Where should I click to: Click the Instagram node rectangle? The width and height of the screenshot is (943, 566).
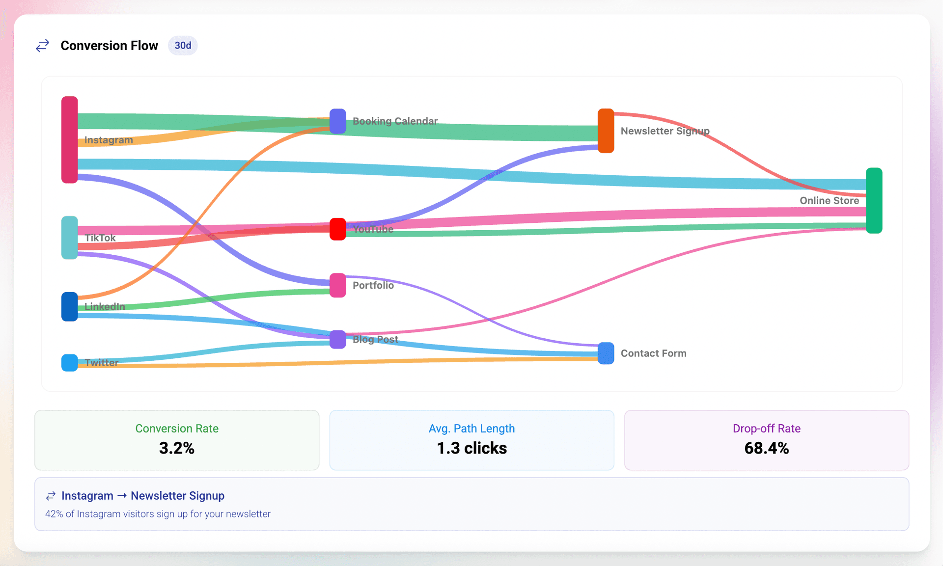(69, 139)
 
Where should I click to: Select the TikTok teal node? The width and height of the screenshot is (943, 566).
(69, 237)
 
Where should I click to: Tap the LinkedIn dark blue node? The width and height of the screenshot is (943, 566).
(69, 306)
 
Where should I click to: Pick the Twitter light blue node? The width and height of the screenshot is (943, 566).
(69, 362)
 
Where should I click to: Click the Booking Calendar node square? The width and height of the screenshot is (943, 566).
(337, 121)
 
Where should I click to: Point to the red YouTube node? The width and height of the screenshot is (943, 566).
(337, 229)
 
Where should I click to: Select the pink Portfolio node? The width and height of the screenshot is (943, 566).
(337, 285)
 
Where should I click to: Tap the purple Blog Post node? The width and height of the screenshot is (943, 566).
(337, 339)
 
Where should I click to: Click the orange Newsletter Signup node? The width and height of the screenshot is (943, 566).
(606, 131)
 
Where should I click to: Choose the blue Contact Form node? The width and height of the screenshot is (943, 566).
(606, 353)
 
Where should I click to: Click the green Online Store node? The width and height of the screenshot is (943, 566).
(874, 200)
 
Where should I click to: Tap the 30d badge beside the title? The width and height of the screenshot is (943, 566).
(183, 46)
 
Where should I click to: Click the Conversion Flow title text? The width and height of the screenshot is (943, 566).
(109, 46)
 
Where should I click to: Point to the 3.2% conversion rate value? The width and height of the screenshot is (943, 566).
(177, 448)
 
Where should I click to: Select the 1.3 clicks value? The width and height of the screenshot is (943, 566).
(471, 448)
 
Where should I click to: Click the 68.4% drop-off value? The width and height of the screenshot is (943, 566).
(766, 448)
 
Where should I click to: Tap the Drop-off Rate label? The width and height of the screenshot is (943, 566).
(766, 429)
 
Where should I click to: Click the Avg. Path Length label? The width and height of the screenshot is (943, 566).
(471, 429)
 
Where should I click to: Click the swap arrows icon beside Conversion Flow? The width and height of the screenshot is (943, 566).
(43, 46)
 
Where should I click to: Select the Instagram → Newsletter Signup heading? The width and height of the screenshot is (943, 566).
(142, 496)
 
